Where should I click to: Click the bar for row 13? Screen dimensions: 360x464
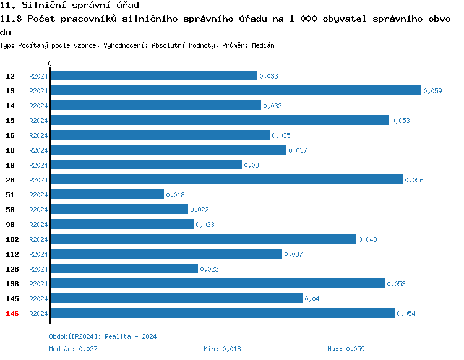point(235,90)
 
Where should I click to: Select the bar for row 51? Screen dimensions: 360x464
point(107,194)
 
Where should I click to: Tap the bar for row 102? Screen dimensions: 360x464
point(203,239)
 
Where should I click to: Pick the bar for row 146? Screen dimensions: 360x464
point(222,313)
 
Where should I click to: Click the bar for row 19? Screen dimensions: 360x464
point(146,165)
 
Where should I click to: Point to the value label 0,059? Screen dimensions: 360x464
point(433,91)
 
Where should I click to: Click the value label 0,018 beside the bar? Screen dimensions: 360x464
point(176,195)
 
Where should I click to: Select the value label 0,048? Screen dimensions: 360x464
point(368,239)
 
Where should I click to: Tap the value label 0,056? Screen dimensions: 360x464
point(415,180)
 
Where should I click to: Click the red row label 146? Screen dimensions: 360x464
point(12,314)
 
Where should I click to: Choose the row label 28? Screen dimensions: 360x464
point(11,180)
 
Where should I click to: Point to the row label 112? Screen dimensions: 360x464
point(12,254)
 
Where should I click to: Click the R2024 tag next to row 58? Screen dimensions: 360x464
point(38,210)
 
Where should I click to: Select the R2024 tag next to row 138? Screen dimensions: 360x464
point(38,284)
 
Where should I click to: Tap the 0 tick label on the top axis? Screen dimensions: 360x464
point(49,64)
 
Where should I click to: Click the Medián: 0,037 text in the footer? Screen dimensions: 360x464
point(73,349)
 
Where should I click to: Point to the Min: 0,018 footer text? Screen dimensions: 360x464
point(222,349)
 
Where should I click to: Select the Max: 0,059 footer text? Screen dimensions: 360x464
point(346,349)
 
